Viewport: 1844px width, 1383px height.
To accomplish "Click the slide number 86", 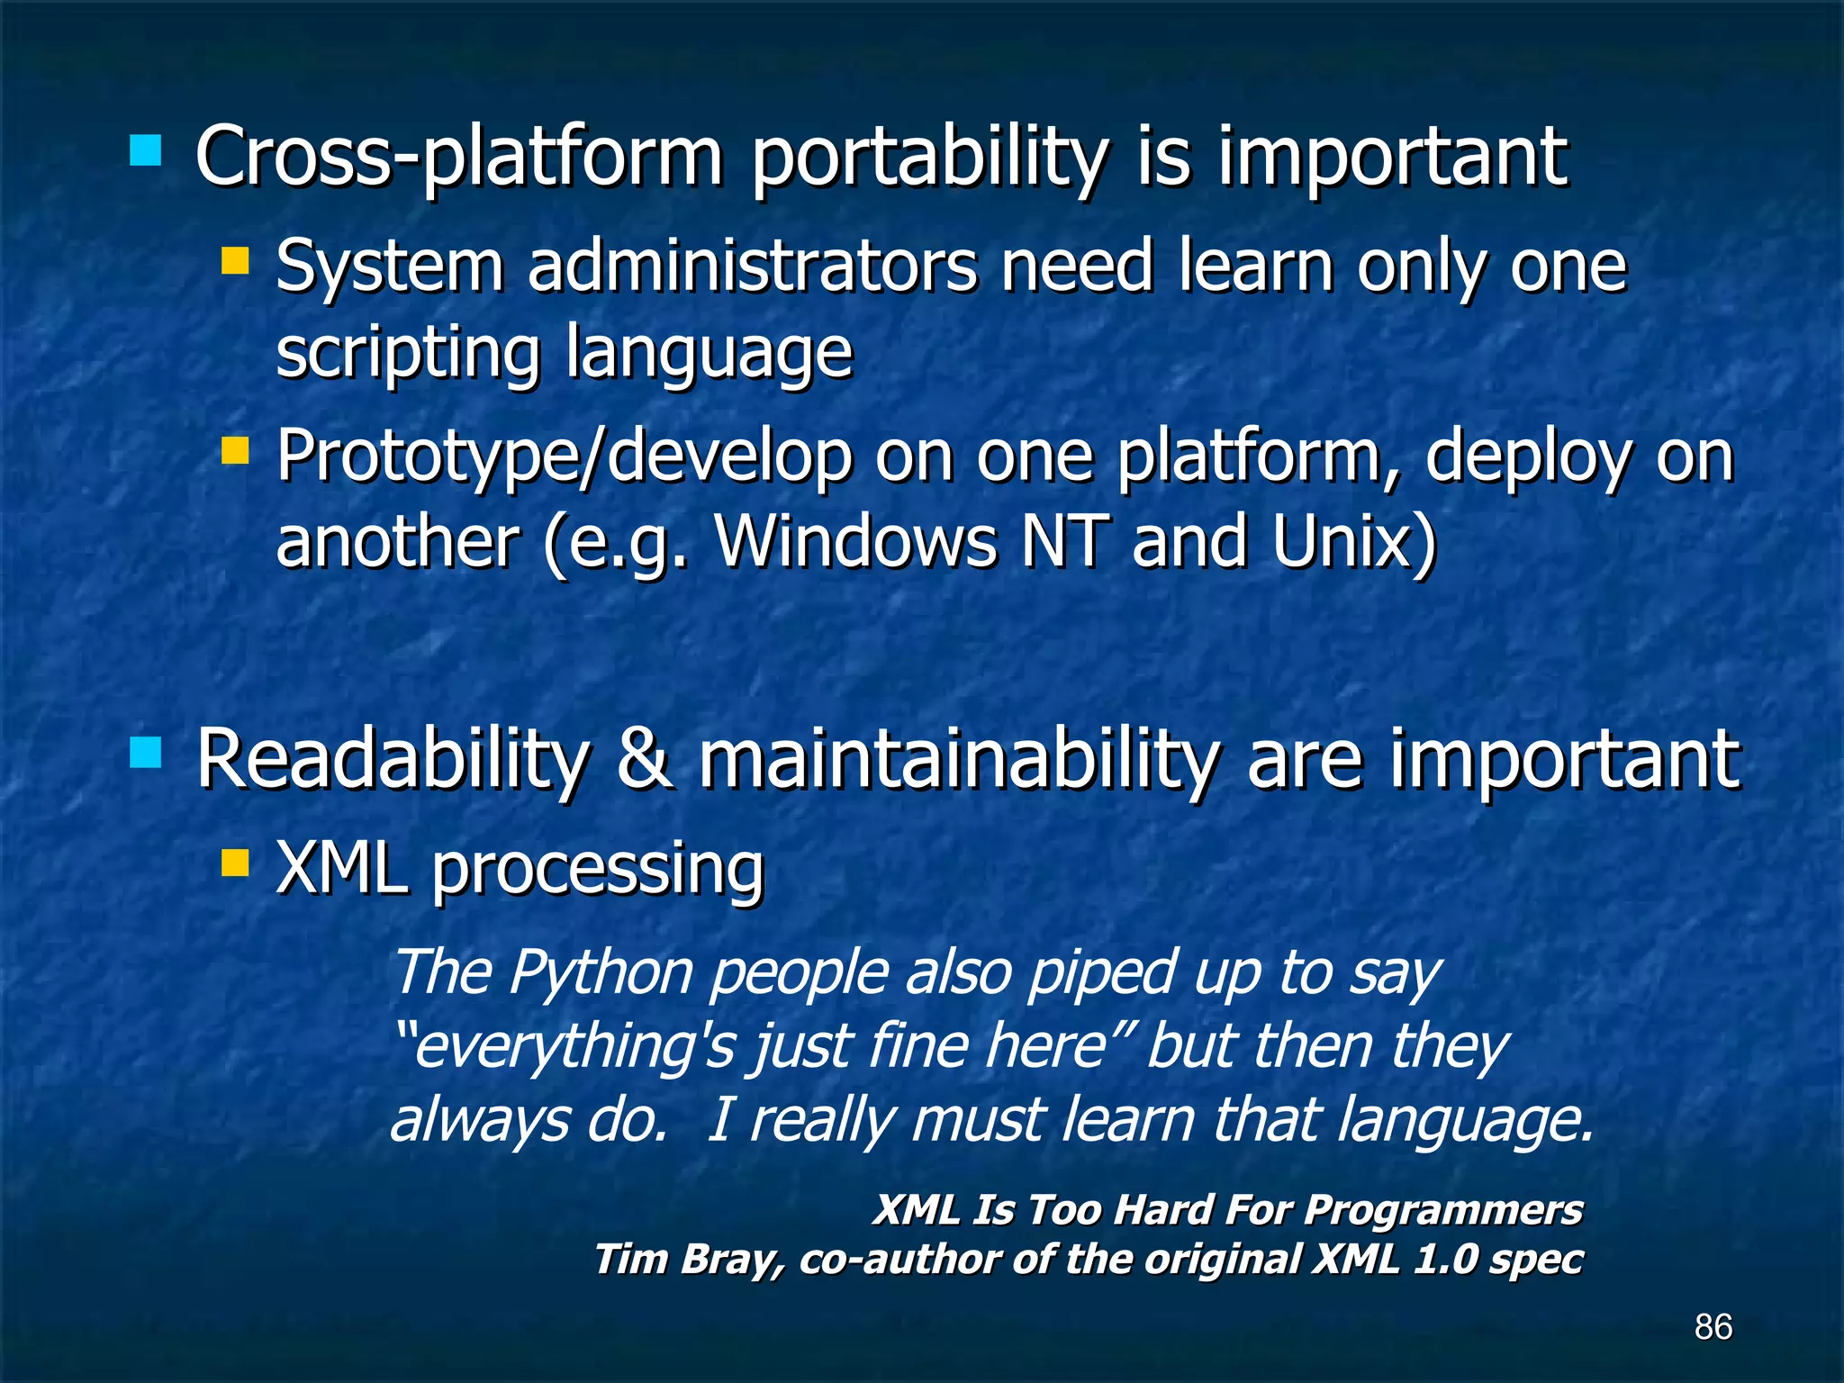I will pyautogui.click(x=1713, y=1326).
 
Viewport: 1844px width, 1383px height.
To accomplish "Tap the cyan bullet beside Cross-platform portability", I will pyautogui.click(x=145, y=151).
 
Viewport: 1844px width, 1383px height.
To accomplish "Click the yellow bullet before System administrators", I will pyautogui.click(x=235, y=261).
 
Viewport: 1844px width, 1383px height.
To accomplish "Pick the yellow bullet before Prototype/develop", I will pyautogui.click(x=235, y=450).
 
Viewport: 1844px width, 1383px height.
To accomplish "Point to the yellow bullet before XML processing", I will pyautogui.click(x=235, y=863).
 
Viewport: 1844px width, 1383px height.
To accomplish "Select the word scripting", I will pyautogui.click(x=408, y=353).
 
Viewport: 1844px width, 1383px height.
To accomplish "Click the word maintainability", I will pyautogui.click(x=958, y=762).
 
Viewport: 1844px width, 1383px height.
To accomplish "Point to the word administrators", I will pyautogui.click(x=752, y=267).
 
